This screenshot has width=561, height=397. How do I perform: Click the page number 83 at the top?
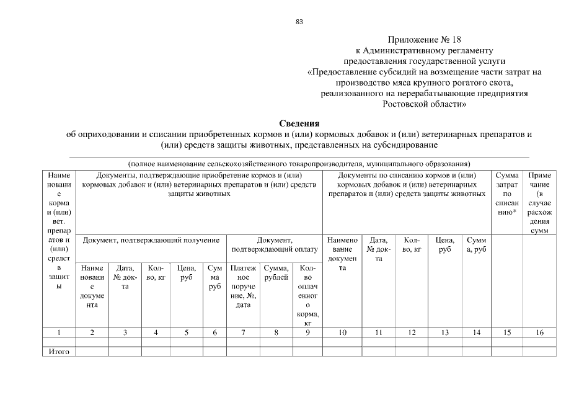(x=299, y=22)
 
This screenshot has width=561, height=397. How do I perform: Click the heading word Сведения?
(x=299, y=123)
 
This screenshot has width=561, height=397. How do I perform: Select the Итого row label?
(x=58, y=352)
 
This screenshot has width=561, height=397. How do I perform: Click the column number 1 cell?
(x=58, y=332)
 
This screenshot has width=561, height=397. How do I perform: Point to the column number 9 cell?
(x=307, y=332)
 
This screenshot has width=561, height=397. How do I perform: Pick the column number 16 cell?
(x=539, y=332)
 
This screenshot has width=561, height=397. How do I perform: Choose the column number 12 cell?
(x=412, y=332)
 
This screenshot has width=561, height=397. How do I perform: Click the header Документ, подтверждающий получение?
(x=151, y=239)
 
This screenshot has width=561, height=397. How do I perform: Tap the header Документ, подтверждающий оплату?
(x=274, y=244)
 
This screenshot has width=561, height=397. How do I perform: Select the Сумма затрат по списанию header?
(x=507, y=194)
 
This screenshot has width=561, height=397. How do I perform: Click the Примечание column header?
(x=539, y=202)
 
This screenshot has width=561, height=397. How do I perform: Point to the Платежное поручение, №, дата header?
(x=243, y=287)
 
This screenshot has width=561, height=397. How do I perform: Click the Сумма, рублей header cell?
(x=276, y=273)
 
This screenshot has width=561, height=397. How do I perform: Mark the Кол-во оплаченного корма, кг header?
(x=307, y=295)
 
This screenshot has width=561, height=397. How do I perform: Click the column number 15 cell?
(x=507, y=332)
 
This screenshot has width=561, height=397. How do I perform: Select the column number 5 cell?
(x=187, y=332)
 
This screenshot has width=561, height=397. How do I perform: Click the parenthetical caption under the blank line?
(x=299, y=164)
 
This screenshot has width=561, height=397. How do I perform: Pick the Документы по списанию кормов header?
(x=407, y=185)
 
